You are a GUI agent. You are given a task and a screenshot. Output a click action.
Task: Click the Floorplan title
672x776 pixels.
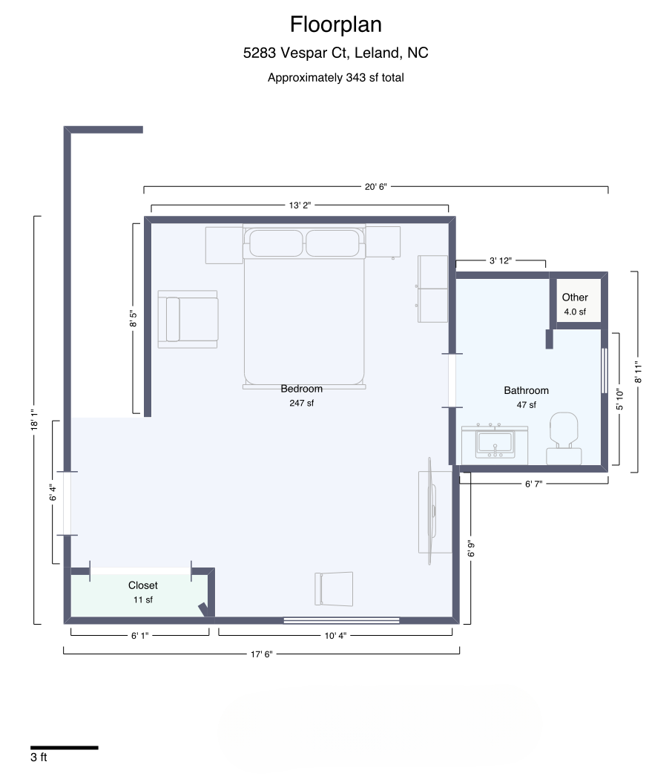pyautogui.click(x=335, y=24)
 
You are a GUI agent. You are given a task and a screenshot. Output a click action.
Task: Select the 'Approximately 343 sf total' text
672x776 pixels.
pyautogui.click(x=335, y=78)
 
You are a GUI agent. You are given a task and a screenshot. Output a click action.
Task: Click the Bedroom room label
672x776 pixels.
pyautogui.click(x=301, y=389)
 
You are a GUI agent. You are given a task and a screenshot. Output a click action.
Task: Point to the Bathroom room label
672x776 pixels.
pyautogui.click(x=526, y=390)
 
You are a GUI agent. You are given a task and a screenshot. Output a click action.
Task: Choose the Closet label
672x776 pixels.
pyautogui.click(x=142, y=585)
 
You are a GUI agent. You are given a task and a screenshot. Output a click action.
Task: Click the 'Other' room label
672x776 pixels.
pyautogui.click(x=575, y=297)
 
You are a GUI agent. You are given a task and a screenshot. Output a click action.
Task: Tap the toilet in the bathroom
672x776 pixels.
pyautogui.click(x=564, y=438)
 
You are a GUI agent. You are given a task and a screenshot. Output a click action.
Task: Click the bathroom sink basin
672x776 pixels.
pyautogui.click(x=495, y=444)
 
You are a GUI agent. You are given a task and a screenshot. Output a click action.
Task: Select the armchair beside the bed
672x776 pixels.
pyautogui.click(x=188, y=319)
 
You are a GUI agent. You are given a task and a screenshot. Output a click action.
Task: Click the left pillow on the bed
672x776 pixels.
pyautogui.click(x=276, y=243)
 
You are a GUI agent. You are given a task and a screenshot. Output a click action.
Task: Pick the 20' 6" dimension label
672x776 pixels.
pyautogui.click(x=375, y=186)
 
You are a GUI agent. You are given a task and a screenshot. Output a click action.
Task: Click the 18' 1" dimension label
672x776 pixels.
pyautogui.click(x=34, y=420)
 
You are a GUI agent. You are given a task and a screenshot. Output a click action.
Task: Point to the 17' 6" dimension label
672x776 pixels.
pyautogui.click(x=261, y=654)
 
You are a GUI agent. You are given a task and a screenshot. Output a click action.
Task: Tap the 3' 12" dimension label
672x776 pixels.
pyautogui.click(x=500, y=261)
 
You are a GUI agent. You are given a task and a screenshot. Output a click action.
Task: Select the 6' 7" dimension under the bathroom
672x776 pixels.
pyautogui.click(x=533, y=484)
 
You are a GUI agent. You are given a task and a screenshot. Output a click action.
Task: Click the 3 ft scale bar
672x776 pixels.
pyautogui.click(x=65, y=748)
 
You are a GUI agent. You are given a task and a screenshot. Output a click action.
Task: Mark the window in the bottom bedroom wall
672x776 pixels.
pyautogui.click(x=341, y=621)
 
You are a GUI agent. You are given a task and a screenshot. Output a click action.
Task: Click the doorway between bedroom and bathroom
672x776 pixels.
pyautogui.click(x=452, y=381)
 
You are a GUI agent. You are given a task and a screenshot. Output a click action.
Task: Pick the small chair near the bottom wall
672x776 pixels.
pyautogui.click(x=334, y=589)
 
